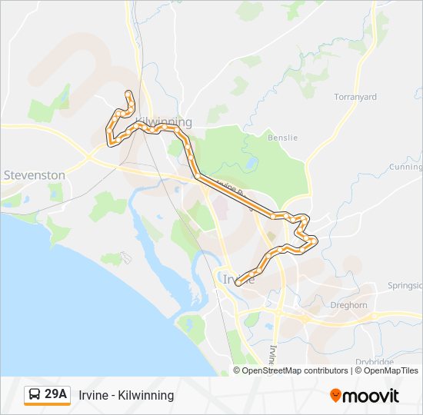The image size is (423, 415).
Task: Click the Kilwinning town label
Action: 162,122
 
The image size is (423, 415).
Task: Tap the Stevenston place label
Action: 35,175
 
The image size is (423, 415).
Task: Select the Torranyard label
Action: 355,98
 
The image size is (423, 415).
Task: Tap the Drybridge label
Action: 375,362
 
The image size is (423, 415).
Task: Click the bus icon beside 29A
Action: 35,395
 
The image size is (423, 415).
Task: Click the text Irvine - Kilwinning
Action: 126,395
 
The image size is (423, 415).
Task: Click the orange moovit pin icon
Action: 336,396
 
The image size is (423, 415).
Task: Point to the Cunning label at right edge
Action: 405,167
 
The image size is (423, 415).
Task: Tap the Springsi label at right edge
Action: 405,285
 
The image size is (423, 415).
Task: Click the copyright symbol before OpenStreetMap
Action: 237,370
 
